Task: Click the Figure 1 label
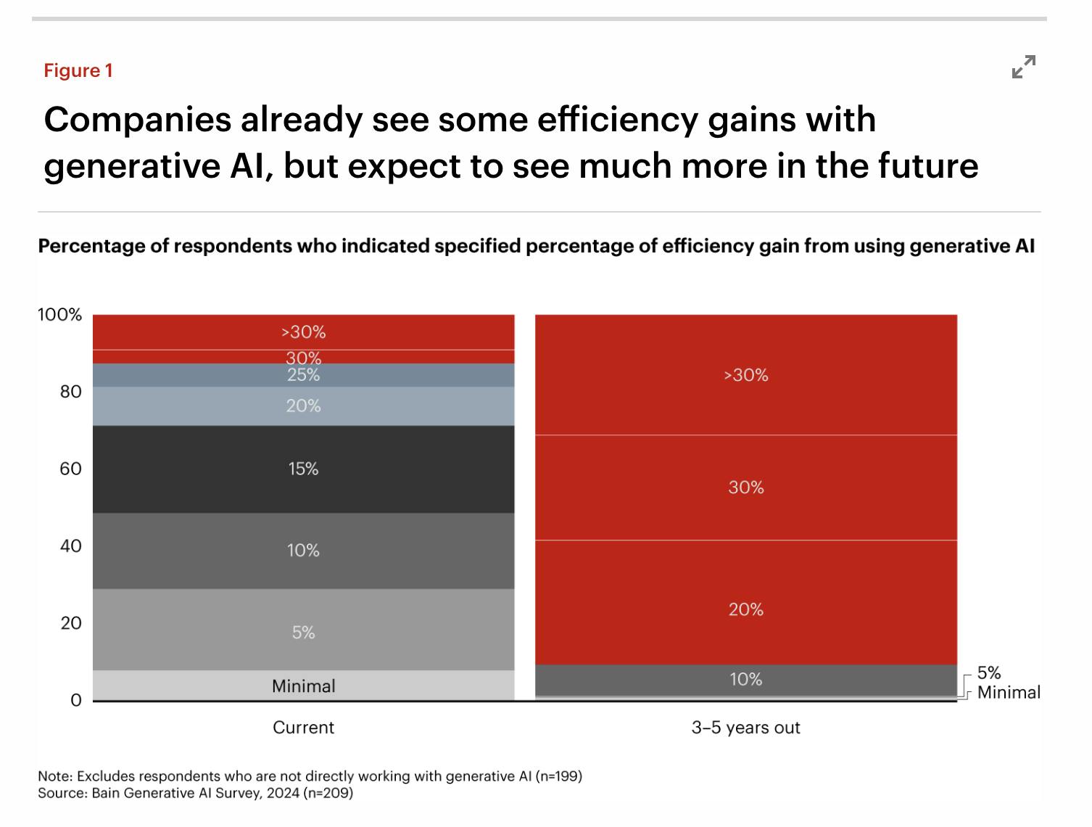point(78,70)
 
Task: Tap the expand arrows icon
point(1023,67)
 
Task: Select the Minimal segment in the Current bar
point(303,686)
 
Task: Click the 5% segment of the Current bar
point(303,632)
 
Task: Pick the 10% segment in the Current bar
point(303,550)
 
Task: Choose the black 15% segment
point(303,469)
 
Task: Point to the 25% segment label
point(303,375)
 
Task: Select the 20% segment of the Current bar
point(303,406)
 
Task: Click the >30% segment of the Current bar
point(303,332)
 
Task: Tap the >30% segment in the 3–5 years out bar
point(745,375)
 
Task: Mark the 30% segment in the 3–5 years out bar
point(745,487)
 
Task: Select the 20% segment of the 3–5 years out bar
point(745,609)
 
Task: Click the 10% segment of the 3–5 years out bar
point(745,680)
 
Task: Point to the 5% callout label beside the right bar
point(988,672)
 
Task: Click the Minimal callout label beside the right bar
point(1008,692)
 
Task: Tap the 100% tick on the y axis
point(60,315)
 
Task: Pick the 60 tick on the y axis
point(70,469)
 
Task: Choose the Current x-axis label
point(303,728)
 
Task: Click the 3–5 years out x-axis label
point(745,728)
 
